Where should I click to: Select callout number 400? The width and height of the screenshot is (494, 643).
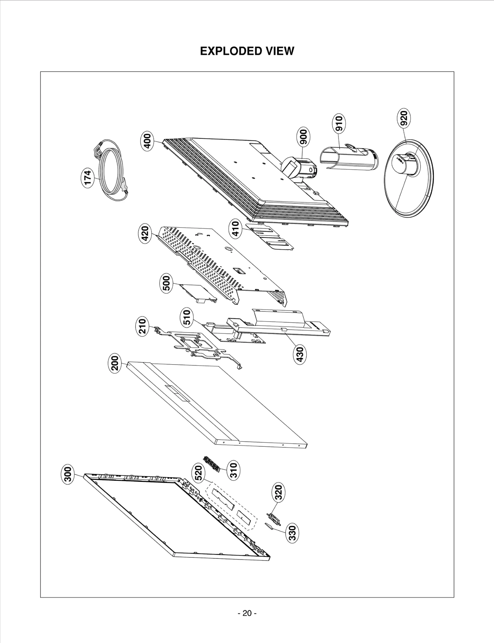pyautogui.click(x=148, y=140)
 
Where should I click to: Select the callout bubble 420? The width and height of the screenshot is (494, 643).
pyautogui.click(x=145, y=234)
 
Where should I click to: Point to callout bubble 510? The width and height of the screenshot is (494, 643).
pyautogui.click(x=187, y=318)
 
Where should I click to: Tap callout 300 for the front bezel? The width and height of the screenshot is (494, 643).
pyautogui.click(x=68, y=474)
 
